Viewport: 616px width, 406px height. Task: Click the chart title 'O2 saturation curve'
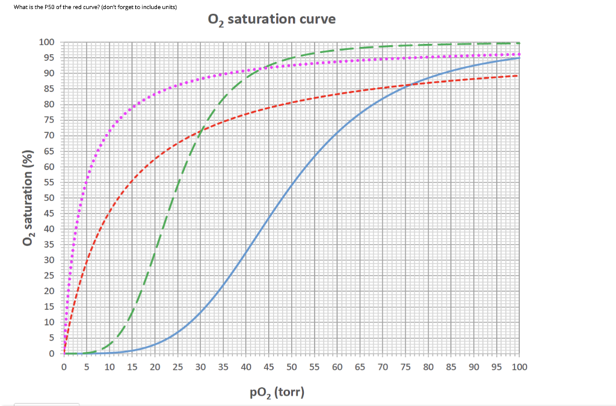click(271, 19)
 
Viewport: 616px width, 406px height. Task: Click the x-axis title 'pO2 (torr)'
click(277, 393)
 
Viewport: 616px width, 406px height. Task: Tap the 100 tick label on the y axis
click(46, 42)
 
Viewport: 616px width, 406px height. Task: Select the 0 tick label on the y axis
click(51, 354)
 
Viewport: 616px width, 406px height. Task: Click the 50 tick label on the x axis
click(291, 366)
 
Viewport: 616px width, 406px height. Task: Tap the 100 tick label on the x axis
click(519, 366)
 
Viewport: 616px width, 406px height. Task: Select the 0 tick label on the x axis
click(64, 366)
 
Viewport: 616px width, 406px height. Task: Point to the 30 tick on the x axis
click(200, 366)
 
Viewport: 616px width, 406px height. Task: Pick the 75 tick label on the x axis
click(405, 366)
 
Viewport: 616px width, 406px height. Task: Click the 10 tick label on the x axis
click(109, 366)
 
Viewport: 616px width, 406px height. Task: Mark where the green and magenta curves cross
click(255, 68)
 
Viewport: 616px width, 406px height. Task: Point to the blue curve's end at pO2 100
click(519, 58)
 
